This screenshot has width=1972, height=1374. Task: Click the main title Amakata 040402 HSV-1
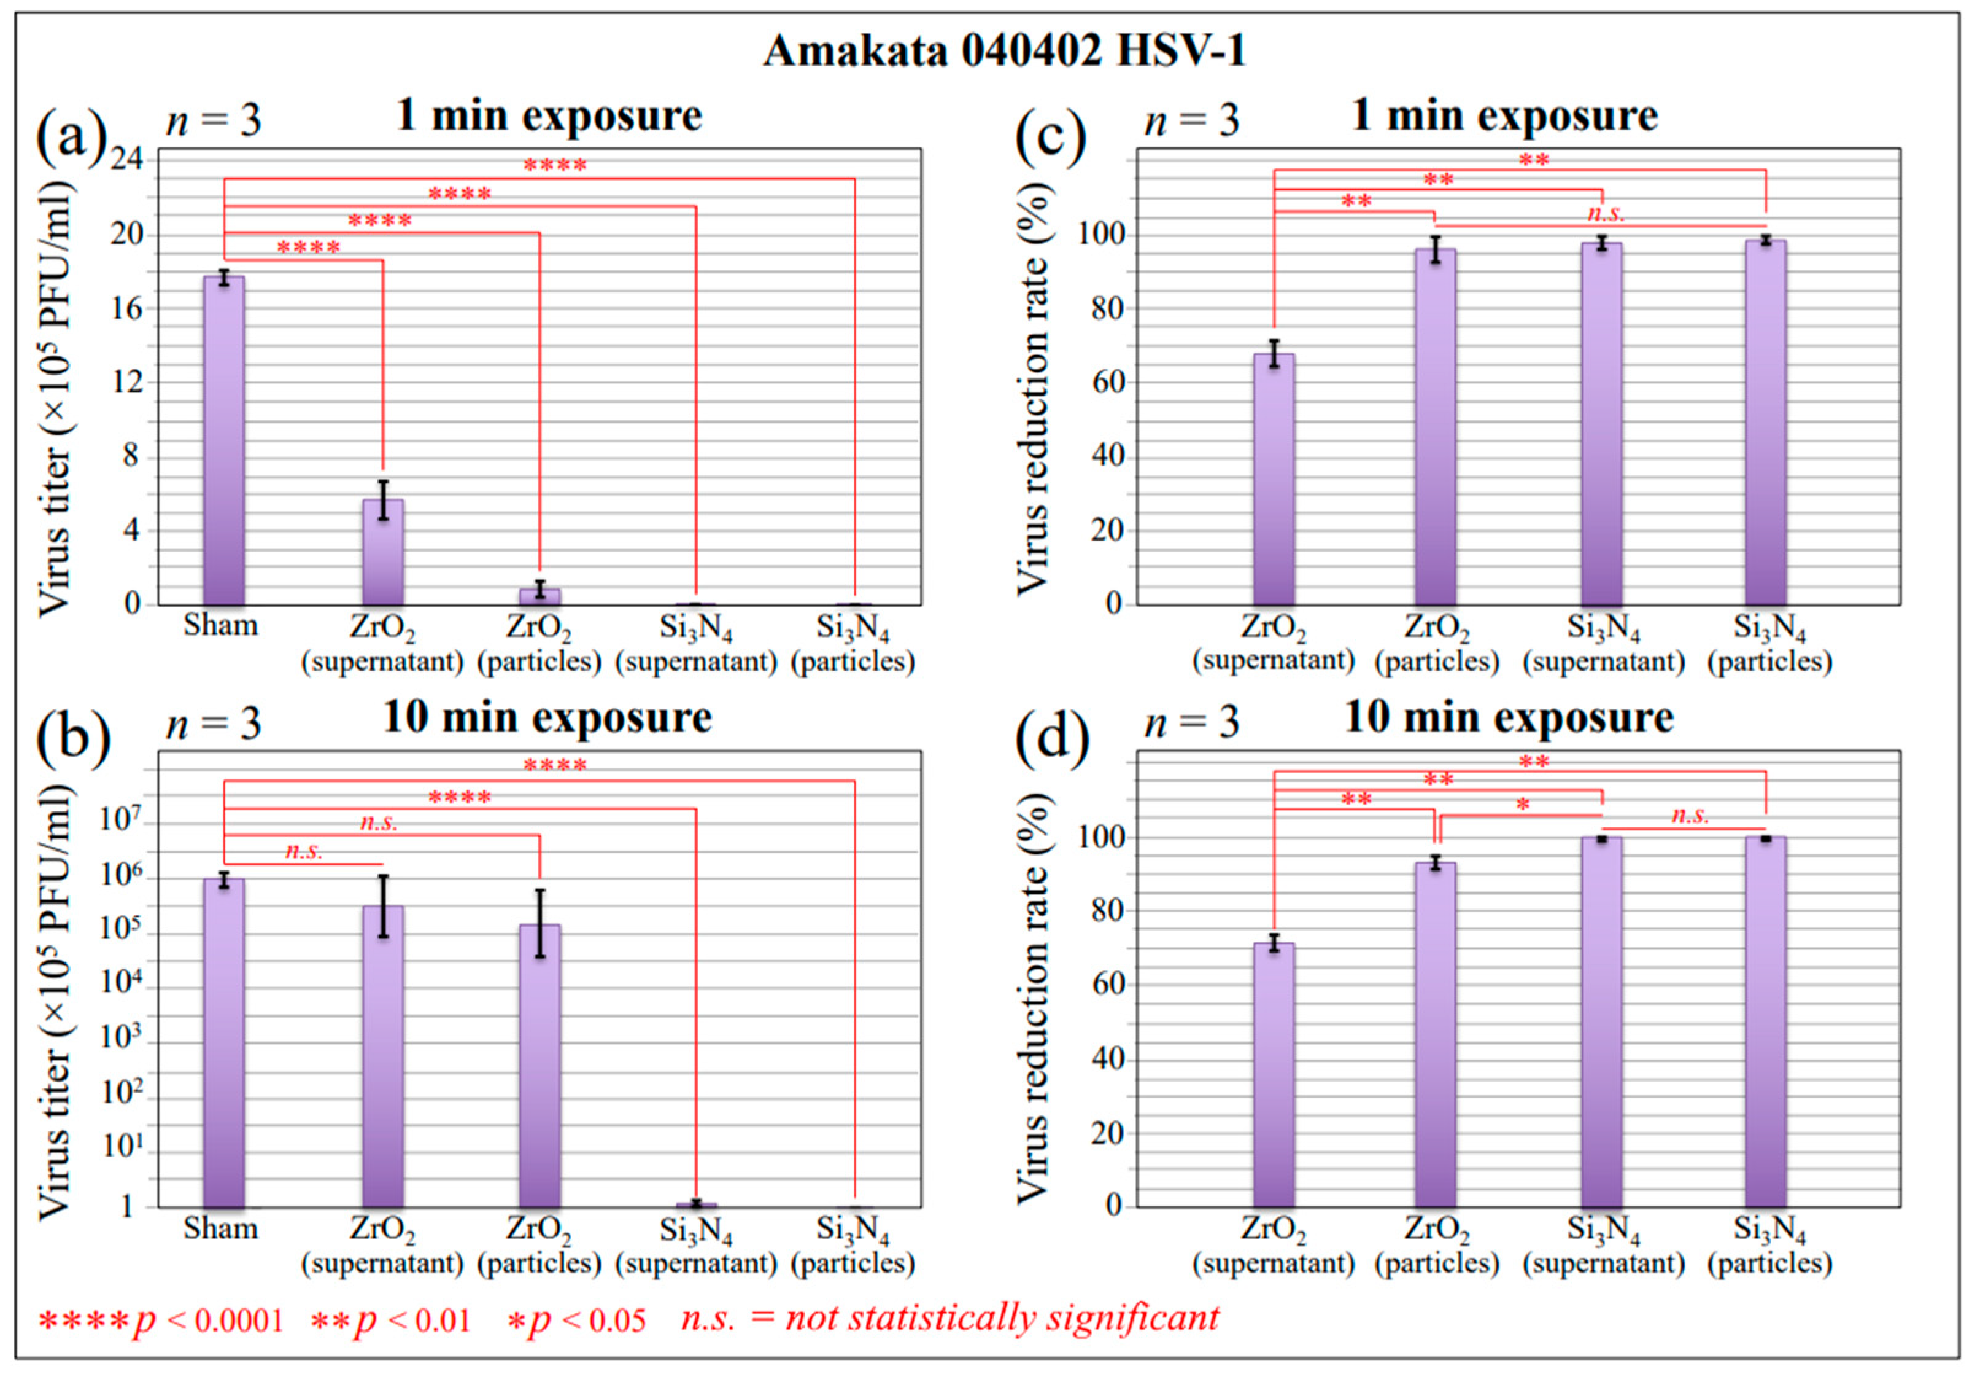click(x=1004, y=52)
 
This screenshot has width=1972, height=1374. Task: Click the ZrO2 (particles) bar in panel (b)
click(x=539, y=1066)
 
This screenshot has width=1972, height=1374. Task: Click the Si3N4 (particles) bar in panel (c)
click(x=1766, y=422)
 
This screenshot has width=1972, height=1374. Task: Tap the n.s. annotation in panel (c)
click(x=1605, y=213)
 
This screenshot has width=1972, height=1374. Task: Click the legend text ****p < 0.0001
click(x=161, y=1319)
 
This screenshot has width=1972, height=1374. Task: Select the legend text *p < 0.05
click(x=576, y=1319)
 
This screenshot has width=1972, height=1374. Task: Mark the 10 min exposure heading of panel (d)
click(x=1508, y=717)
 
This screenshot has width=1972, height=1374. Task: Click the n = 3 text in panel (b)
click(x=213, y=724)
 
